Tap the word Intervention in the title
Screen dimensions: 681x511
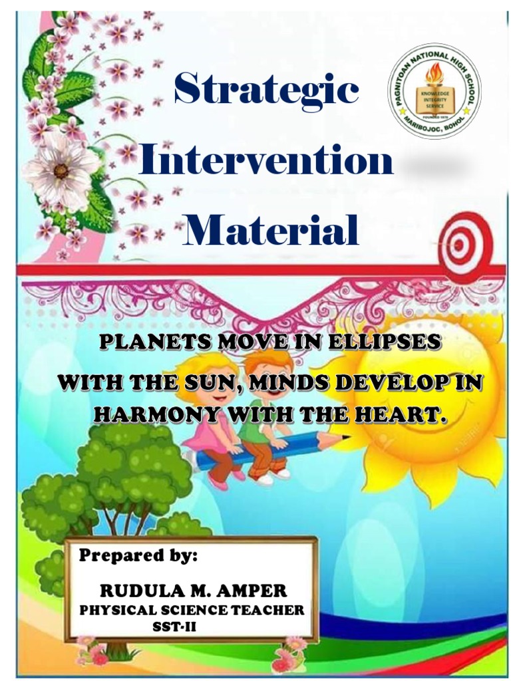(x=265, y=161)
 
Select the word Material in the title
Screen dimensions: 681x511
(x=271, y=231)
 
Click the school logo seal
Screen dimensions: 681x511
(x=434, y=90)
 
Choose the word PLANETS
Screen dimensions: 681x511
(x=151, y=343)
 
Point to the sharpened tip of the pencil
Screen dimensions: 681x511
(x=345, y=437)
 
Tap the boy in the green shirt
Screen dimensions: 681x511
(x=266, y=426)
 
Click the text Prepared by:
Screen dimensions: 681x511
(x=138, y=556)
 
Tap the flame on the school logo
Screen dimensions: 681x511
(x=434, y=74)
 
